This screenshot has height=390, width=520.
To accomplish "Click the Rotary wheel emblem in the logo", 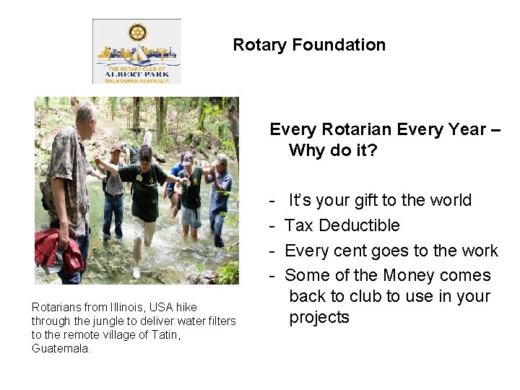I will click(x=137, y=32).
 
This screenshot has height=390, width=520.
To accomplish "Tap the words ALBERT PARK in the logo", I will click(x=137, y=73).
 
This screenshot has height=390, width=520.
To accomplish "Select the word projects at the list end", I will click(x=319, y=317).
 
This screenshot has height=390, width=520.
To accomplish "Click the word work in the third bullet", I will click(x=480, y=251).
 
